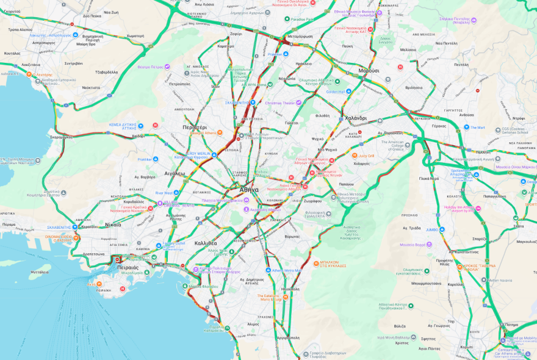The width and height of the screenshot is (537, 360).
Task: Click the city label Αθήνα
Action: pos(249,190)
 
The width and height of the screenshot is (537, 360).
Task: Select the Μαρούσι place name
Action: pos(369,71)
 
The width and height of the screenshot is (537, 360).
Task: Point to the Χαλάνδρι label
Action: pos(355,118)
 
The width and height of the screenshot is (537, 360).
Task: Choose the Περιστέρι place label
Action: pos(195,127)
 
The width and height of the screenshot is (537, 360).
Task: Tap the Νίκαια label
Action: pos(113,224)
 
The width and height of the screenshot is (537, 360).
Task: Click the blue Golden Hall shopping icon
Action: pos(349,92)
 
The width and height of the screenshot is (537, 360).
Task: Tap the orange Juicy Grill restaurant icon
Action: pos(355,156)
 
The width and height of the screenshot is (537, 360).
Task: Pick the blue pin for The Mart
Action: pos(465,128)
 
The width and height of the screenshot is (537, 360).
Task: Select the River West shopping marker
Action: pos(177,193)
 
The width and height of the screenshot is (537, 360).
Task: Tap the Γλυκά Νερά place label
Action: pos(429,178)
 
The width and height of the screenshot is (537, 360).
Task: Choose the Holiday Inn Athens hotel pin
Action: pos(478,209)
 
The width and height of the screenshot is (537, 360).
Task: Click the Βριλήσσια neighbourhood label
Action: pos(413,87)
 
